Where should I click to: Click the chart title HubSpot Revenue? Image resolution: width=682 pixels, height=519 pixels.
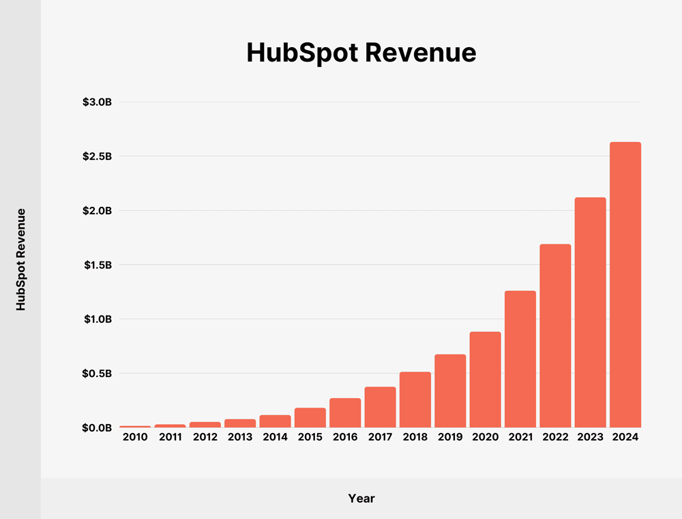(361, 53)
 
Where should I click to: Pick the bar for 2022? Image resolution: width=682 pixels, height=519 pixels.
(555, 335)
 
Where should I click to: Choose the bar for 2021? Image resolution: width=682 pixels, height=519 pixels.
(520, 359)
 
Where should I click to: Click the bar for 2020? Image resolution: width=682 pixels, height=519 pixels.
(485, 380)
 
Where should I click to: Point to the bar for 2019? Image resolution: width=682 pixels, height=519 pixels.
(450, 391)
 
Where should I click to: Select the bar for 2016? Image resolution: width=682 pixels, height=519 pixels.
(345, 412)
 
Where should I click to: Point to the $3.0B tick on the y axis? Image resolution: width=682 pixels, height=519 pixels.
(97, 102)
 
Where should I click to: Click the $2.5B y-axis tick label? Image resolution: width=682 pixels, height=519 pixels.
(97, 156)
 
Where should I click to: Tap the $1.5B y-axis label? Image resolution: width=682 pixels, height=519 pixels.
(97, 265)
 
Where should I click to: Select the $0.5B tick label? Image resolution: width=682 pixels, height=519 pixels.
(97, 374)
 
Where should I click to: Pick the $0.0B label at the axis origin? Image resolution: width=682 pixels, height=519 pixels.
(97, 427)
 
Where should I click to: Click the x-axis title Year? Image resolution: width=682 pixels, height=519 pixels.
(361, 498)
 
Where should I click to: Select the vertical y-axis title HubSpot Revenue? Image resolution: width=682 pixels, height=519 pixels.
(20, 259)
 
